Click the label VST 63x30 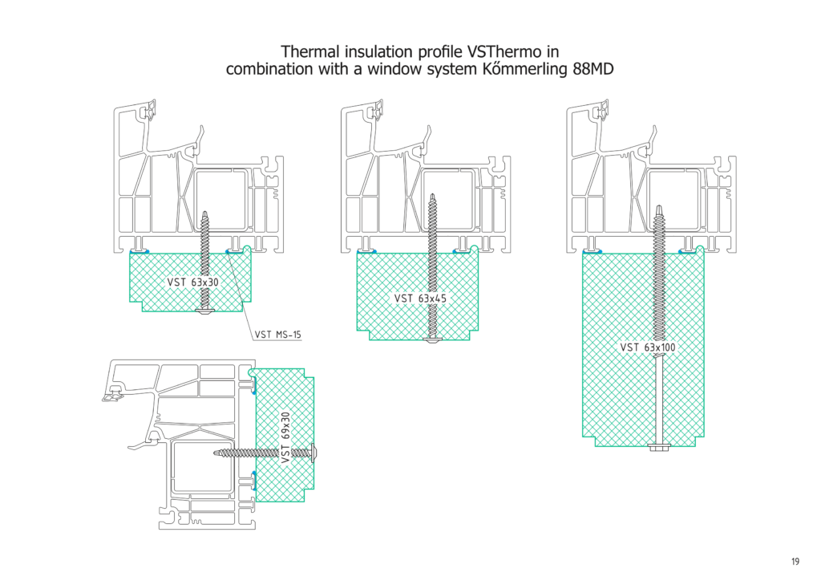coord(192,282)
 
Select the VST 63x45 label coord(420,298)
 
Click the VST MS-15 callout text coord(277,335)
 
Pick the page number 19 coord(794,562)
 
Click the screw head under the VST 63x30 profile coord(205,310)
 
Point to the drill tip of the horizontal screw coord(218,453)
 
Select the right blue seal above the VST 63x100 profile coord(687,250)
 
